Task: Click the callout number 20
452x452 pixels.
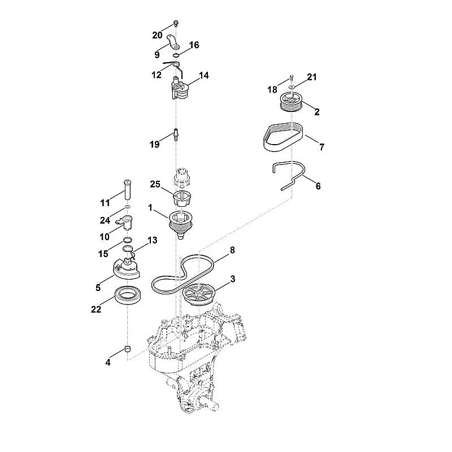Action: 158,36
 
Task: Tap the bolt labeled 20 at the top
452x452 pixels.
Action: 176,23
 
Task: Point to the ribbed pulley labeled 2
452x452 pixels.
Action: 290,102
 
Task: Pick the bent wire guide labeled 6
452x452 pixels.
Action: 290,175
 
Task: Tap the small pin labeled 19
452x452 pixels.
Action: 176,134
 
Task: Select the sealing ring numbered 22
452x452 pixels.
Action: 128,294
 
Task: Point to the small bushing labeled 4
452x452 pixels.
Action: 128,349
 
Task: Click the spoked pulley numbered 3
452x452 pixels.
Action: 198,294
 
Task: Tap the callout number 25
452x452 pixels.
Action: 155,184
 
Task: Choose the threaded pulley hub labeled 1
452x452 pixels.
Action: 181,224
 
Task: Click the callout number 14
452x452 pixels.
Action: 204,76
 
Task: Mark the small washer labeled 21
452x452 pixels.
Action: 292,86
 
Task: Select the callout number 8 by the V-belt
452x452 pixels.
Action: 232,250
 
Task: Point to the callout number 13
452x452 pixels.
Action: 153,240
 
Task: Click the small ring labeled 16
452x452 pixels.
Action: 176,55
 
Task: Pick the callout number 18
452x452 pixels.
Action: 272,90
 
